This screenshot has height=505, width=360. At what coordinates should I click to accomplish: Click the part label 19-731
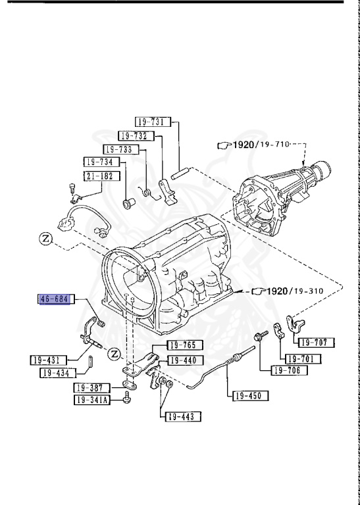[152, 122]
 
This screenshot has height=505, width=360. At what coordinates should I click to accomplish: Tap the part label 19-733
[118, 149]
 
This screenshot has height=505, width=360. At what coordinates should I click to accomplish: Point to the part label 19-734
[99, 162]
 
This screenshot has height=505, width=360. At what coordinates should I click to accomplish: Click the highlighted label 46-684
[54, 300]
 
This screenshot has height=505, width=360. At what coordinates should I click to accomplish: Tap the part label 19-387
[90, 387]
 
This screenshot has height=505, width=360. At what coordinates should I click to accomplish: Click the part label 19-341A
[91, 400]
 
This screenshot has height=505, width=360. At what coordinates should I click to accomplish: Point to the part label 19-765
[185, 345]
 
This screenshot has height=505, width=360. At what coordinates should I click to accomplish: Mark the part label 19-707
[317, 343]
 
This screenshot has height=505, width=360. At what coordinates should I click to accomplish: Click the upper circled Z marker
[45, 238]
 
